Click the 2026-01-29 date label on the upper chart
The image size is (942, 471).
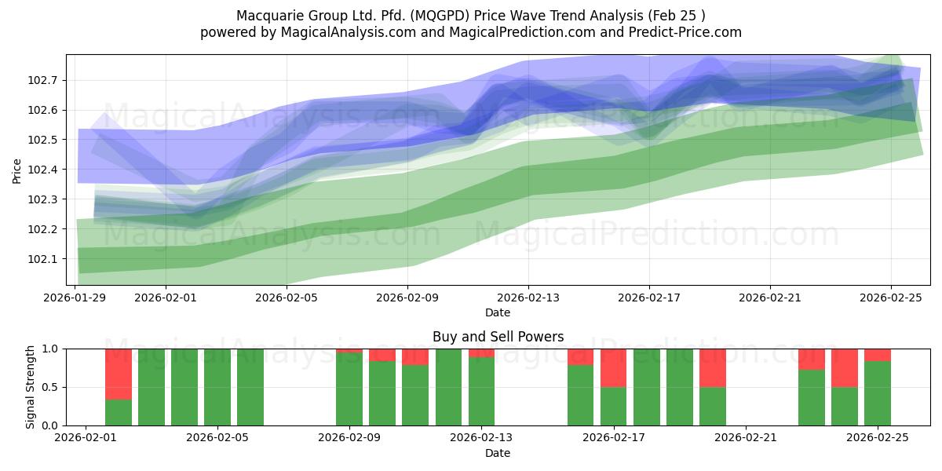click(x=75, y=298)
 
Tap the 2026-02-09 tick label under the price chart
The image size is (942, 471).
click(x=407, y=298)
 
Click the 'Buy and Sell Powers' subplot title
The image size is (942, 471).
click(x=498, y=337)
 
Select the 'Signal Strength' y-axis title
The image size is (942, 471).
click(x=31, y=387)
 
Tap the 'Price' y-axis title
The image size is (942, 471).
click(x=17, y=170)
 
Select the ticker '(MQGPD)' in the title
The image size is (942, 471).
click(x=455, y=15)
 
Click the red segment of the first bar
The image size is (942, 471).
click(x=119, y=374)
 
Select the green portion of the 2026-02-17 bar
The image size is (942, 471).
click(x=614, y=406)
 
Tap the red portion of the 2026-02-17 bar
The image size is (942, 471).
click(x=614, y=368)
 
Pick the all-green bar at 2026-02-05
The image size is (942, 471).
click(x=250, y=387)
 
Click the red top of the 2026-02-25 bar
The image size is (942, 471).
click(x=878, y=355)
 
